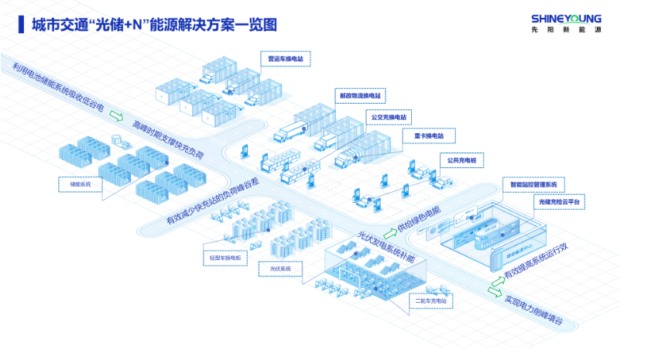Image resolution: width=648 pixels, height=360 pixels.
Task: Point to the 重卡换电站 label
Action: tap(424, 136)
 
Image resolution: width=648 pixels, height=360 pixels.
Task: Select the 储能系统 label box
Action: tap(81, 184)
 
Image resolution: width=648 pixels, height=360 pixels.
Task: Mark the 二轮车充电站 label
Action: tap(430, 300)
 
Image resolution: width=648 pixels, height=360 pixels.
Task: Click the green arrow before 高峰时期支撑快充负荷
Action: tap(116, 117)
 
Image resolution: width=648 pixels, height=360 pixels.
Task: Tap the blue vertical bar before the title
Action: tap(19, 24)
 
